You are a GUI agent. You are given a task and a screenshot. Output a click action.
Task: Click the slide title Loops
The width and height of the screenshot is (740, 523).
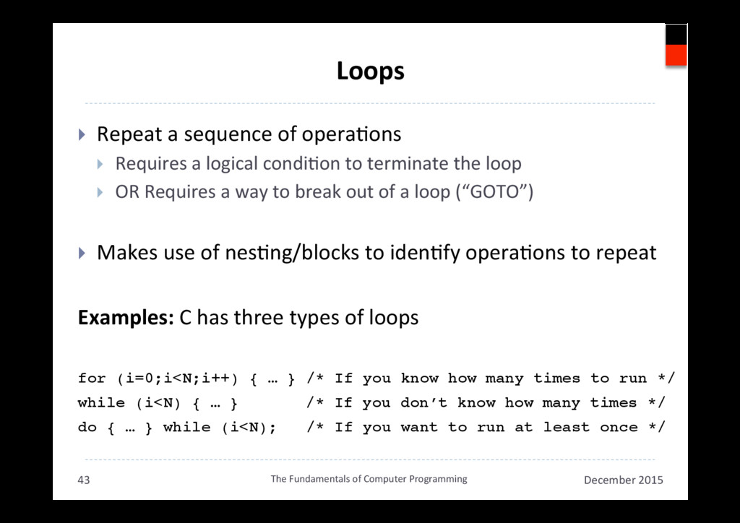(370, 72)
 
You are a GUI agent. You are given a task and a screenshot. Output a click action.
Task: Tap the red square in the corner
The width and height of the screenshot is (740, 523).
(676, 55)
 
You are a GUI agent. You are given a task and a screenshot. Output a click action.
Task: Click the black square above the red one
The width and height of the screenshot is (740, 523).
(676, 34)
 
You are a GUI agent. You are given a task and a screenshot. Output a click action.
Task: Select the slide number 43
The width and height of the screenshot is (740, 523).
(84, 480)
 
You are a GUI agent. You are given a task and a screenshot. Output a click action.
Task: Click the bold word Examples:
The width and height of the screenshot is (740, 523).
(125, 318)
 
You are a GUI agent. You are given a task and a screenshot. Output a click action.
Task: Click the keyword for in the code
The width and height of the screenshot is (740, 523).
(92, 379)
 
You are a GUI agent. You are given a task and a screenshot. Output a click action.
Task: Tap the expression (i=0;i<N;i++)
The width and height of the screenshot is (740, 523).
(178, 379)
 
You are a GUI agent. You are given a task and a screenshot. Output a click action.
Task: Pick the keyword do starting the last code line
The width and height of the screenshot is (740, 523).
(87, 428)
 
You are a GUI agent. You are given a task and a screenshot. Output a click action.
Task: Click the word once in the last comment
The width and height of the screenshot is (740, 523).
(619, 428)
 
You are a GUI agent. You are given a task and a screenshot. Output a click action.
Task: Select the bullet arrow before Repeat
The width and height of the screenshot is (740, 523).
(82, 135)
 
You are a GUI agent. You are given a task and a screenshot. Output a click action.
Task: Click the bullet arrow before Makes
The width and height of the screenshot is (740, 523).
(82, 254)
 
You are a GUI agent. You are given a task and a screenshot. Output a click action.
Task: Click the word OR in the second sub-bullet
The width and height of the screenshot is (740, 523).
(127, 194)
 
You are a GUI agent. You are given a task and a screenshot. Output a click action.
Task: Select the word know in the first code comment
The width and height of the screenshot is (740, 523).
(419, 379)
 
